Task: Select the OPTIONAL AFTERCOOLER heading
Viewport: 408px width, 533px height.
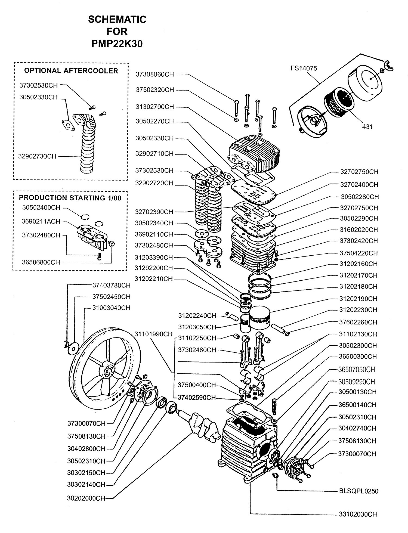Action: point(71,71)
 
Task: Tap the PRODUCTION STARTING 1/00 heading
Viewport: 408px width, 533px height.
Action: point(70,198)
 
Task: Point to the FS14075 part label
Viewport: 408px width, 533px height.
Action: point(304,68)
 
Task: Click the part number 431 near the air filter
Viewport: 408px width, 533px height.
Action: point(367,126)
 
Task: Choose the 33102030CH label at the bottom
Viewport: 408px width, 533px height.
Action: point(358,514)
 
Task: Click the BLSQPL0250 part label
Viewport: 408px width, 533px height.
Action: point(358,491)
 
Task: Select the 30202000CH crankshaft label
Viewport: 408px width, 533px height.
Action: point(86,498)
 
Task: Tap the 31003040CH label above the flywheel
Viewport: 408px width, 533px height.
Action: point(112,308)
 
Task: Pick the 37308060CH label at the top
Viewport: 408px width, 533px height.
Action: point(155,74)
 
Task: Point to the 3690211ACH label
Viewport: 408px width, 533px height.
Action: point(41,221)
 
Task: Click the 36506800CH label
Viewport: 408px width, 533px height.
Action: point(41,262)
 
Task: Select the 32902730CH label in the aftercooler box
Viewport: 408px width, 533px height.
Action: point(38,156)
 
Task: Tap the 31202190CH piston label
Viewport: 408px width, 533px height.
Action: point(358,299)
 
